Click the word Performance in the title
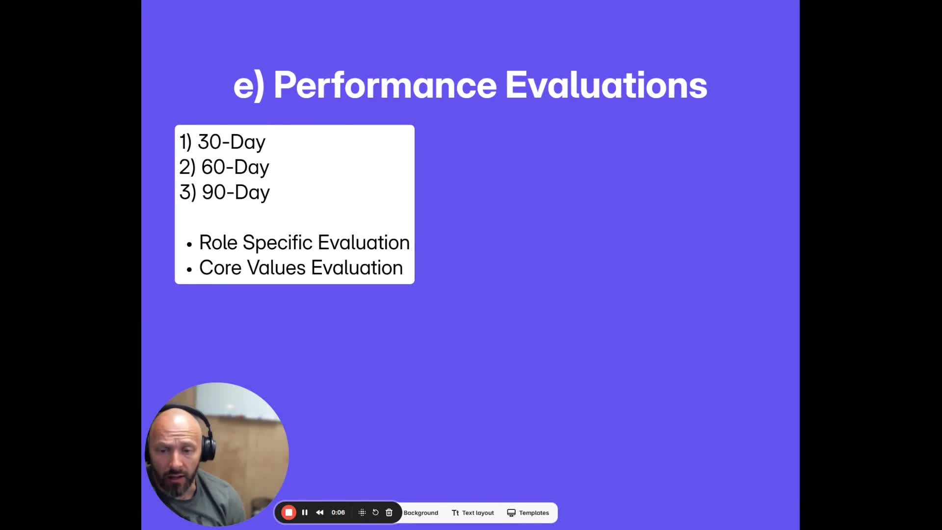(x=385, y=85)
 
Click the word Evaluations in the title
(x=606, y=85)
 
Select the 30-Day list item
(x=222, y=142)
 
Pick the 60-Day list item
(x=224, y=167)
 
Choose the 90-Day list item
(x=225, y=192)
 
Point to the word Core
(x=220, y=268)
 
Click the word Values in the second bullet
(x=276, y=268)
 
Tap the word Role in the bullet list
(x=218, y=242)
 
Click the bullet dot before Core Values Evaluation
(x=189, y=269)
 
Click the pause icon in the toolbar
(x=305, y=512)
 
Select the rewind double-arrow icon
(x=320, y=512)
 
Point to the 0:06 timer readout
(x=338, y=512)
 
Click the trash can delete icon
(x=389, y=512)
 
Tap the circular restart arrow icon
(x=375, y=512)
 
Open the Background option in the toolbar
(x=421, y=513)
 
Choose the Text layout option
(x=473, y=513)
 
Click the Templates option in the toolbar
(x=528, y=513)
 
